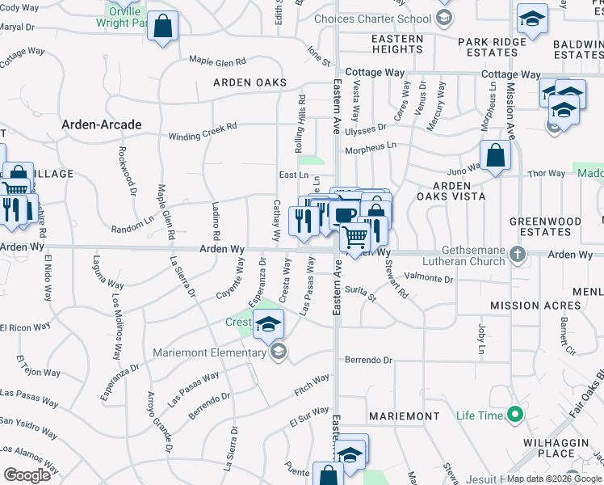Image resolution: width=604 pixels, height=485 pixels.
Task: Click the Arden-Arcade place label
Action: coord(102,124)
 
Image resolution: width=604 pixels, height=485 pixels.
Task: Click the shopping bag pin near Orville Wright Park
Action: coord(163,27)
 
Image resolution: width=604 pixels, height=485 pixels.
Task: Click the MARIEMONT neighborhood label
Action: coord(404,416)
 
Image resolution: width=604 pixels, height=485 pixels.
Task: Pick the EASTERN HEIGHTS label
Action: coord(396,44)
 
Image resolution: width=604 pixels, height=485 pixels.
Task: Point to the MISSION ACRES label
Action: coord(535,306)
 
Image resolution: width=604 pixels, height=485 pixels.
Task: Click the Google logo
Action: coord(27,475)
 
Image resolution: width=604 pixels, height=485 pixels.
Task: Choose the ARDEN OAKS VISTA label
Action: coord(451,191)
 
